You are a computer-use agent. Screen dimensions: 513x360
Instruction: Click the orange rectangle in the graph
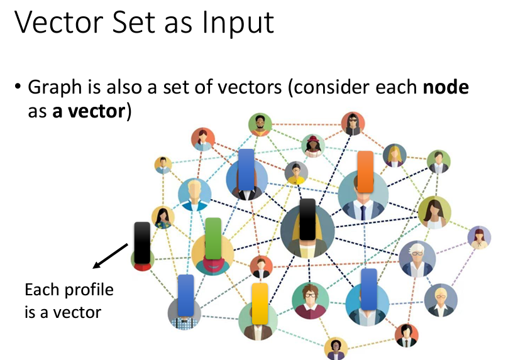click(x=365, y=171)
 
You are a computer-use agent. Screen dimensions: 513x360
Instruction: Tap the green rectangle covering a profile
click(x=213, y=238)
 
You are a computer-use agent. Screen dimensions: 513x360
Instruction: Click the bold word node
click(x=445, y=87)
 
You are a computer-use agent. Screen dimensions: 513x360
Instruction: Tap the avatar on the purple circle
click(x=479, y=237)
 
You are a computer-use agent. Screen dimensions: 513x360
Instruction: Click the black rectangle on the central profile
click(x=307, y=219)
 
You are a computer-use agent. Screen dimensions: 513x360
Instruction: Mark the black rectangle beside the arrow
click(x=142, y=243)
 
